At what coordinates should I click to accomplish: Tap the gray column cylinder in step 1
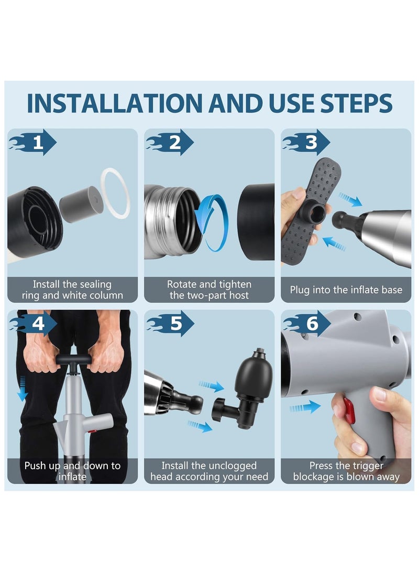tap(81, 204)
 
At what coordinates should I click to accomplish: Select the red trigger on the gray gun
tap(348, 411)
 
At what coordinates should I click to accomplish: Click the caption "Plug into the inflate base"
tap(346, 289)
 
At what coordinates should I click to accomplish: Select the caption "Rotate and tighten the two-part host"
tap(209, 289)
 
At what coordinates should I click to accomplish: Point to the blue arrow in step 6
tap(305, 407)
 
